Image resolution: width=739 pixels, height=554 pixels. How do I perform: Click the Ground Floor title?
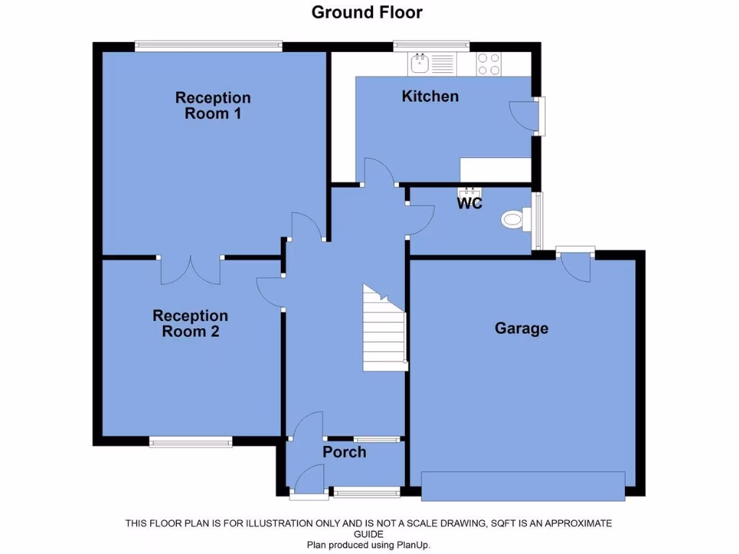point(367,12)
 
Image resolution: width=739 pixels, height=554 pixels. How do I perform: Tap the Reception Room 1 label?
point(213,105)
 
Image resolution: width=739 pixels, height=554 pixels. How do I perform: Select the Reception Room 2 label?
point(190,323)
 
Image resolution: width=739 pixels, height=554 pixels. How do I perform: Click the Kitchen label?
point(430,96)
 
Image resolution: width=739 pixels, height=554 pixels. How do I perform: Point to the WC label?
point(469,203)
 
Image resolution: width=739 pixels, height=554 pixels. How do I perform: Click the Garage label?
point(521,328)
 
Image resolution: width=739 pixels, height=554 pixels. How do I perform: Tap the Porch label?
point(344,452)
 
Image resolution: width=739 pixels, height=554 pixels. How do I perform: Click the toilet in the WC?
point(516,219)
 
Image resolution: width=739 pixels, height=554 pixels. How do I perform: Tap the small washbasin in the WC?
point(469,192)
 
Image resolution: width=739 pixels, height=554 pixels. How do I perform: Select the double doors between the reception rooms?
point(191,269)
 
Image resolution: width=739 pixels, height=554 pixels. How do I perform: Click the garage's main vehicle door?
point(523,485)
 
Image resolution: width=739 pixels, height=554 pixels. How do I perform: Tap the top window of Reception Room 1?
point(208,47)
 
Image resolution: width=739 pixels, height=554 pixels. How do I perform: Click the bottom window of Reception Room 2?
point(191,441)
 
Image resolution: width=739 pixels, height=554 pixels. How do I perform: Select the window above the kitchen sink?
point(432,47)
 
